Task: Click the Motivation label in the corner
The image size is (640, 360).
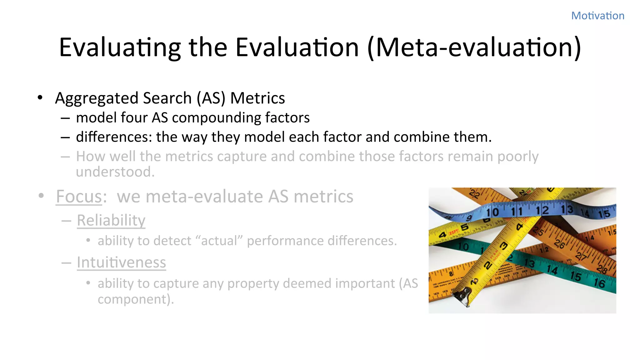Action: [x=597, y=16]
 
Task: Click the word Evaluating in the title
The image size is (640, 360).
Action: [x=120, y=47]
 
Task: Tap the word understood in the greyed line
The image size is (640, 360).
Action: [x=114, y=172]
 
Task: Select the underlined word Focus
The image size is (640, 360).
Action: [x=79, y=197]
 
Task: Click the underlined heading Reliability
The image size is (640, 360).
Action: [x=111, y=220]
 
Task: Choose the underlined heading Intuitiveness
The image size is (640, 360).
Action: [x=121, y=262]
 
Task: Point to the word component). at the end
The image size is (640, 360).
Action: [x=136, y=299]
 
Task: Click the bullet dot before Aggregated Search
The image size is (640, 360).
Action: [x=40, y=98]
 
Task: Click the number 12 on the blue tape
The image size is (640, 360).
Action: [x=542, y=210]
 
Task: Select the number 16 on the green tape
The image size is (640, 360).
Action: [x=599, y=283]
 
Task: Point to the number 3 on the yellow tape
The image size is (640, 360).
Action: [x=503, y=246]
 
